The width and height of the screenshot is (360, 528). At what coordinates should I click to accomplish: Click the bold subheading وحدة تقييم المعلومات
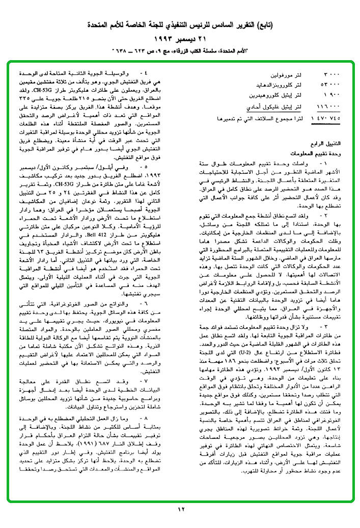(314, 153)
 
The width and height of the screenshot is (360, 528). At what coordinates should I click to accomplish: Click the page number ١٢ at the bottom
(180, 508)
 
